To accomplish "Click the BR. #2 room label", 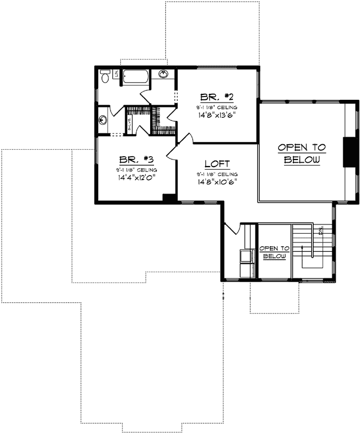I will [x=216, y=98].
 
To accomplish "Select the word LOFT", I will [x=217, y=164].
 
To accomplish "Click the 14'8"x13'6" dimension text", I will [x=216, y=114].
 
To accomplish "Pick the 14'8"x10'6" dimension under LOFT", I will [x=217, y=182].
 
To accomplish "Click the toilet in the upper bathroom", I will [x=105, y=77].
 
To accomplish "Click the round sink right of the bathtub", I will [x=163, y=74].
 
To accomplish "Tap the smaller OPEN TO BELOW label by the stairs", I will [x=274, y=252].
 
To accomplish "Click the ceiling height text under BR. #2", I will [x=216, y=107].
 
